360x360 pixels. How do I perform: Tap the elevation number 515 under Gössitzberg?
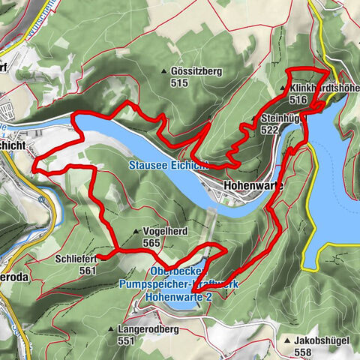pos(178,83)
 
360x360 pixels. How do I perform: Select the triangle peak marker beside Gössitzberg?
pos(164,71)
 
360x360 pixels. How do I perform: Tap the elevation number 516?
pos(298,99)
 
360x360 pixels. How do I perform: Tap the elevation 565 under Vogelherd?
pos(151,244)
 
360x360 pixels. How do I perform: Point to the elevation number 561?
pos(88,270)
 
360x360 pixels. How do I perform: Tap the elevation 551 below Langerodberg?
pos(126,340)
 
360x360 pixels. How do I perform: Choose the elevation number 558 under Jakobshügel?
pos(303,352)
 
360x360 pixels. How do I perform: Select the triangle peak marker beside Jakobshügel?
pos(287,340)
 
